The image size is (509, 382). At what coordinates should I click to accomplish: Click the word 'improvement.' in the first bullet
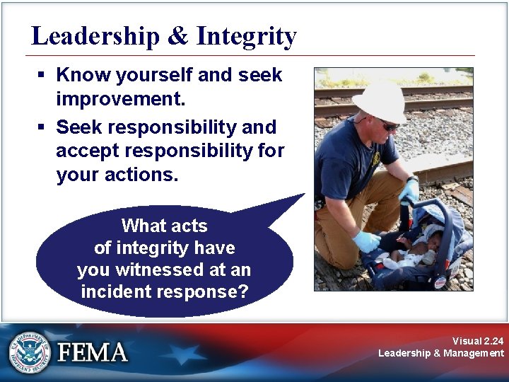(120, 99)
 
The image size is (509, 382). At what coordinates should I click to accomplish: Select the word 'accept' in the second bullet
(88, 151)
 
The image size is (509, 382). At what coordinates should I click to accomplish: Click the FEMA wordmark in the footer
(92, 352)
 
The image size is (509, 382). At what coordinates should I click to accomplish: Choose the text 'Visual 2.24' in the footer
(479, 341)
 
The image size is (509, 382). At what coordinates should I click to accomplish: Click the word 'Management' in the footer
(474, 353)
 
